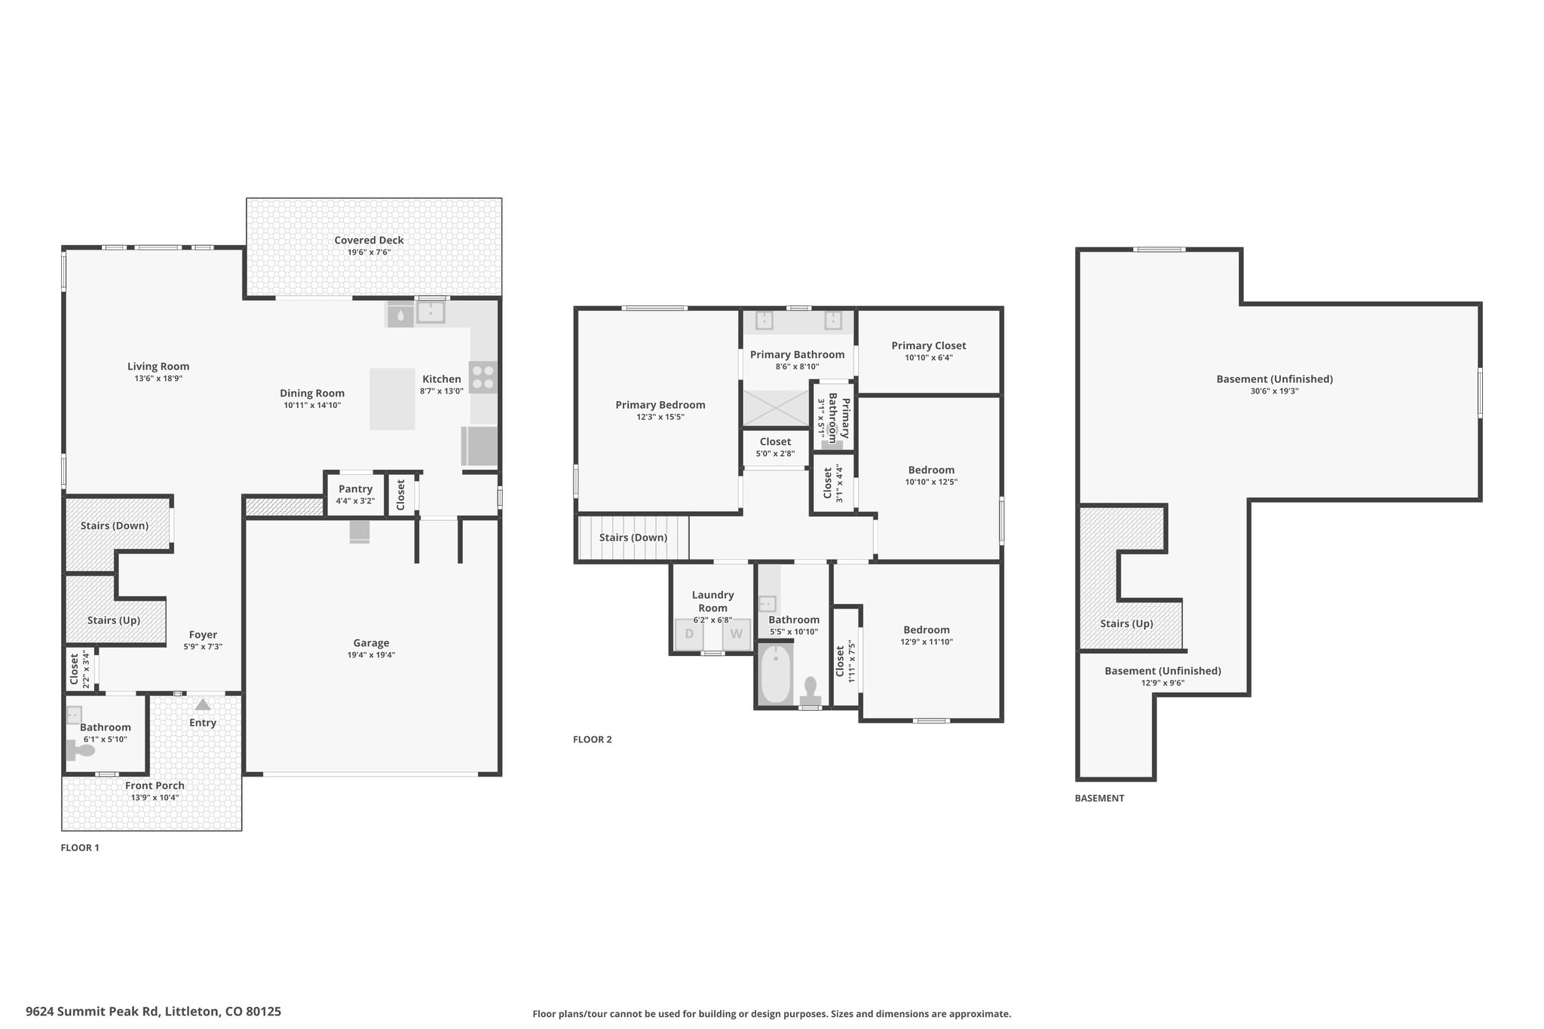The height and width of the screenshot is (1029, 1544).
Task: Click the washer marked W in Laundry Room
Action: click(x=737, y=634)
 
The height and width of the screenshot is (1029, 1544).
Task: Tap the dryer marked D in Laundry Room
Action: click(x=689, y=634)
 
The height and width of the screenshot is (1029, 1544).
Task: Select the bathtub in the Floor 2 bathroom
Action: click(x=775, y=675)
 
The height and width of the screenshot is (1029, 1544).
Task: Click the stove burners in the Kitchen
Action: click(x=483, y=377)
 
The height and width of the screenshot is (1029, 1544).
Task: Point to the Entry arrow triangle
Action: click(x=203, y=705)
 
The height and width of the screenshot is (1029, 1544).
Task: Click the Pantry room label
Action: click(x=355, y=489)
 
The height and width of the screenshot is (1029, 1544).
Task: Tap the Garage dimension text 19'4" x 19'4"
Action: click(x=371, y=655)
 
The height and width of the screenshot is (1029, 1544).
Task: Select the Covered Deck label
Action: click(x=369, y=240)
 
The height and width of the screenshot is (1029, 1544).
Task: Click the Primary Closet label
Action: click(x=929, y=346)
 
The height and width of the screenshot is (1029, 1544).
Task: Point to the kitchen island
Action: click(x=392, y=399)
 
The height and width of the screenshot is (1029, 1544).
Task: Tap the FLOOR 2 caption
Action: click(x=593, y=740)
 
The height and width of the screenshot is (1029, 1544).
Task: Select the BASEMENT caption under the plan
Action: click(x=1099, y=798)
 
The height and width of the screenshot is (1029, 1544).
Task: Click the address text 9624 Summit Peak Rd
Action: click(x=93, y=1012)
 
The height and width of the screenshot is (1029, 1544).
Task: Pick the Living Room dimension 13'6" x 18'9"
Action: click(x=158, y=378)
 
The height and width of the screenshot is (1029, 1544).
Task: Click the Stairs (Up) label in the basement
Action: click(x=1126, y=624)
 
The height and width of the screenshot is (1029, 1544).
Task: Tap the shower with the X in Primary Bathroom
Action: click(x=776, y=408)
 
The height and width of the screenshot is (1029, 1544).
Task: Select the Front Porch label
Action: click(x=155, y=786)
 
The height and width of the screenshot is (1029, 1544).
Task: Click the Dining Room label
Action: click(x=312, y=394)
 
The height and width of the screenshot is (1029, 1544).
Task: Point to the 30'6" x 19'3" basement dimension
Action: click(x=1274, y=391)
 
